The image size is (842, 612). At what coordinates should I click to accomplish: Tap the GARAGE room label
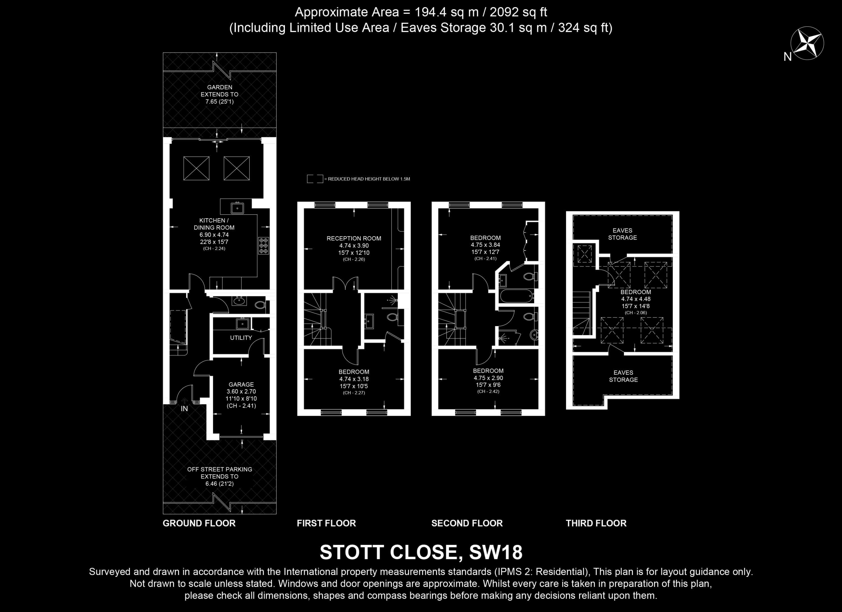coord(241,384)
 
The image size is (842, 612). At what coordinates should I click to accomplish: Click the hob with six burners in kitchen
coord(263,246)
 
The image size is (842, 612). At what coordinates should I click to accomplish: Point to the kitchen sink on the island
coord(237,208)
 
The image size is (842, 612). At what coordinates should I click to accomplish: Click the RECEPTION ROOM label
coord(354,238)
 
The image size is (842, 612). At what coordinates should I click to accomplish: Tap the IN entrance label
coord(184,408)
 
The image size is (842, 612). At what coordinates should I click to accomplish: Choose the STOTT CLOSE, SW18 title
coord(421,552)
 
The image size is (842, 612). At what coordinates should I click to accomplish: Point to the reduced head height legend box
coord(315,179)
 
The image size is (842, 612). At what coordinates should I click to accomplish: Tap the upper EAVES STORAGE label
coord(623,234)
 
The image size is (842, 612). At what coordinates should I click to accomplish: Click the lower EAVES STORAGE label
coord(623,376)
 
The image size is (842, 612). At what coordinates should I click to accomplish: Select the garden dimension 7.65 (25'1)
coord(219,101)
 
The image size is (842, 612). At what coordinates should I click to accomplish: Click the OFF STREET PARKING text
coord(219,469)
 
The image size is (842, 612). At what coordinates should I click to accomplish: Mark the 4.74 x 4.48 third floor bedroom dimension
coord(636,299)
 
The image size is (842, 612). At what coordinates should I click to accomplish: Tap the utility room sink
coord(242,324)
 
